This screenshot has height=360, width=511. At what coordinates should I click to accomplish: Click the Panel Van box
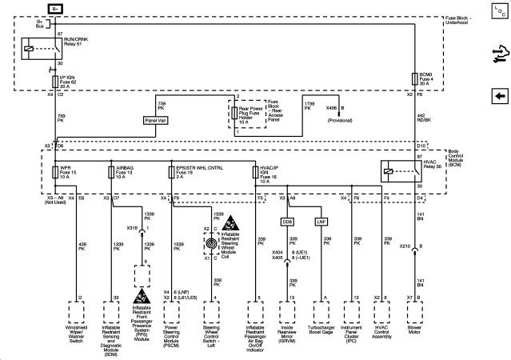tap(156, 120)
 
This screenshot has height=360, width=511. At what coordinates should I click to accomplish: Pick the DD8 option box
tap(287, 221)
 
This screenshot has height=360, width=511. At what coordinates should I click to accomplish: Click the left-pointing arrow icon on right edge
tap(500, 95)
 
